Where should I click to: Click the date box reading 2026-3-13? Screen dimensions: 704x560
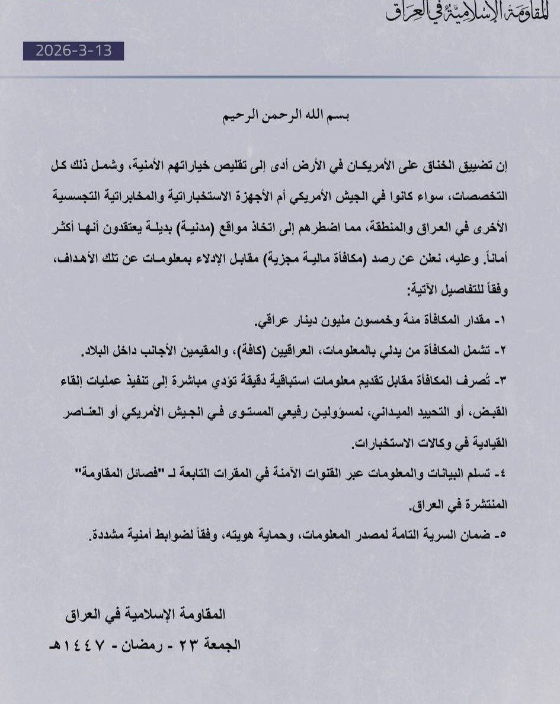[74, 51]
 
